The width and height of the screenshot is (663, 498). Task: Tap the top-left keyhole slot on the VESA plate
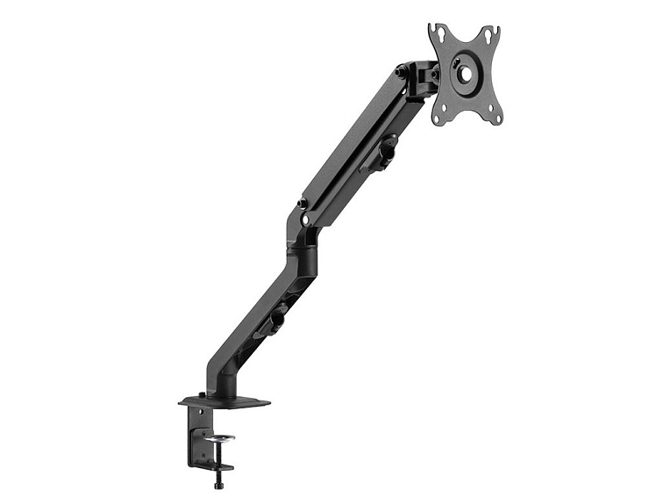(438, 36)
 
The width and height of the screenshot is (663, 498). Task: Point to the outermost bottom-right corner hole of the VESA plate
(496, 116)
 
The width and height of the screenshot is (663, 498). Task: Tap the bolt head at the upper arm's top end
(400, 70)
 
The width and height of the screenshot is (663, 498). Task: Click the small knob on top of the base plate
(202, 394)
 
